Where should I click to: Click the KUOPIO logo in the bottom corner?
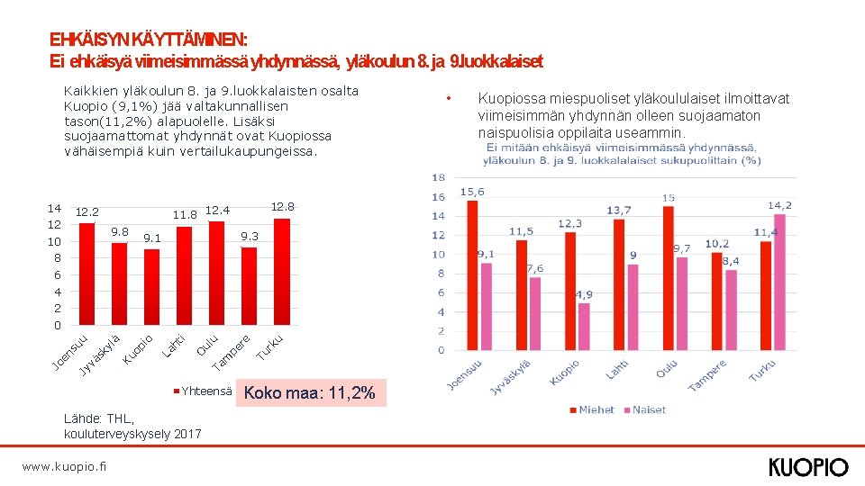(x=808, y=467)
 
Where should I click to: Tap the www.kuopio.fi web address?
(x=63, y=466)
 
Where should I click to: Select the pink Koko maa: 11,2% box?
(x=311, y=393)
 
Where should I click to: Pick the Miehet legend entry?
(x=591, y=409)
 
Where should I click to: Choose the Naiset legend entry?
(x=644, y=409)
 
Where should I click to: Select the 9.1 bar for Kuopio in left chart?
(x=152, y=286)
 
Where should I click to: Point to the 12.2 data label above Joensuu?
(x=86, y=211)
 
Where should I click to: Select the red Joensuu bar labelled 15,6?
(x=473, y=274)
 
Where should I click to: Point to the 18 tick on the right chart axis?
(x=439, y=177)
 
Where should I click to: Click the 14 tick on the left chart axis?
(x=54, y=208)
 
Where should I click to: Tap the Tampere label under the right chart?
(x=708, y=376)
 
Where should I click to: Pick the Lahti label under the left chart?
(x=174, y=343)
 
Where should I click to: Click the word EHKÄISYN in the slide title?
(x=89, y=40)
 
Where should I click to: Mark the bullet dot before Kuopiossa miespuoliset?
(x=449, y=98)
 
